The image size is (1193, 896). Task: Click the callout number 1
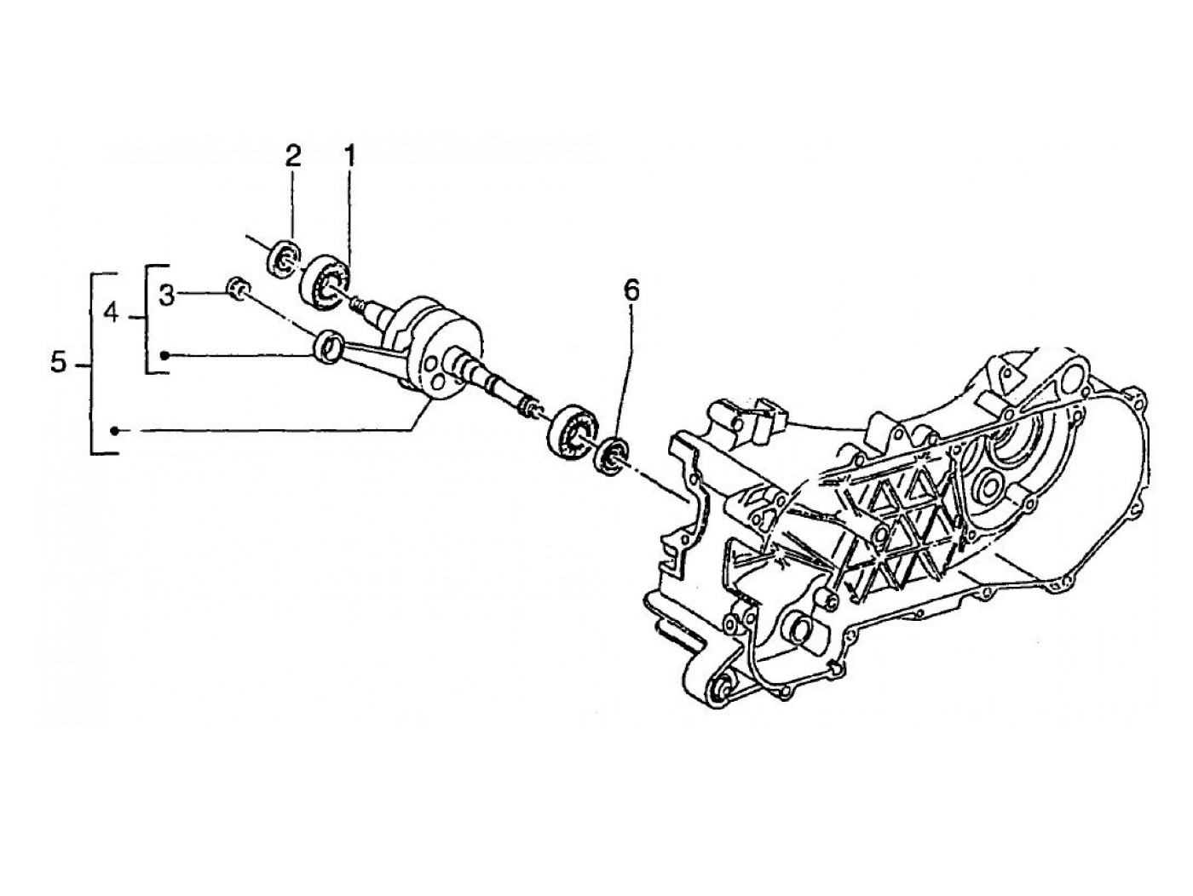point(349,156)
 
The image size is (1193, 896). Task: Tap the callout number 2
point(292,156)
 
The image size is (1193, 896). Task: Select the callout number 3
point(167,296)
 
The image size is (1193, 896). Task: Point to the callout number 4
point(111,314)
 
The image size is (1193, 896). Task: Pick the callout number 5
point(57,364)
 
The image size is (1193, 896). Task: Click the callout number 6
point(630,290)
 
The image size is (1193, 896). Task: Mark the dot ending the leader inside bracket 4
point(166,354)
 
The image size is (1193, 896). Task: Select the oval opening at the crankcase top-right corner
point(1010,366)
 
